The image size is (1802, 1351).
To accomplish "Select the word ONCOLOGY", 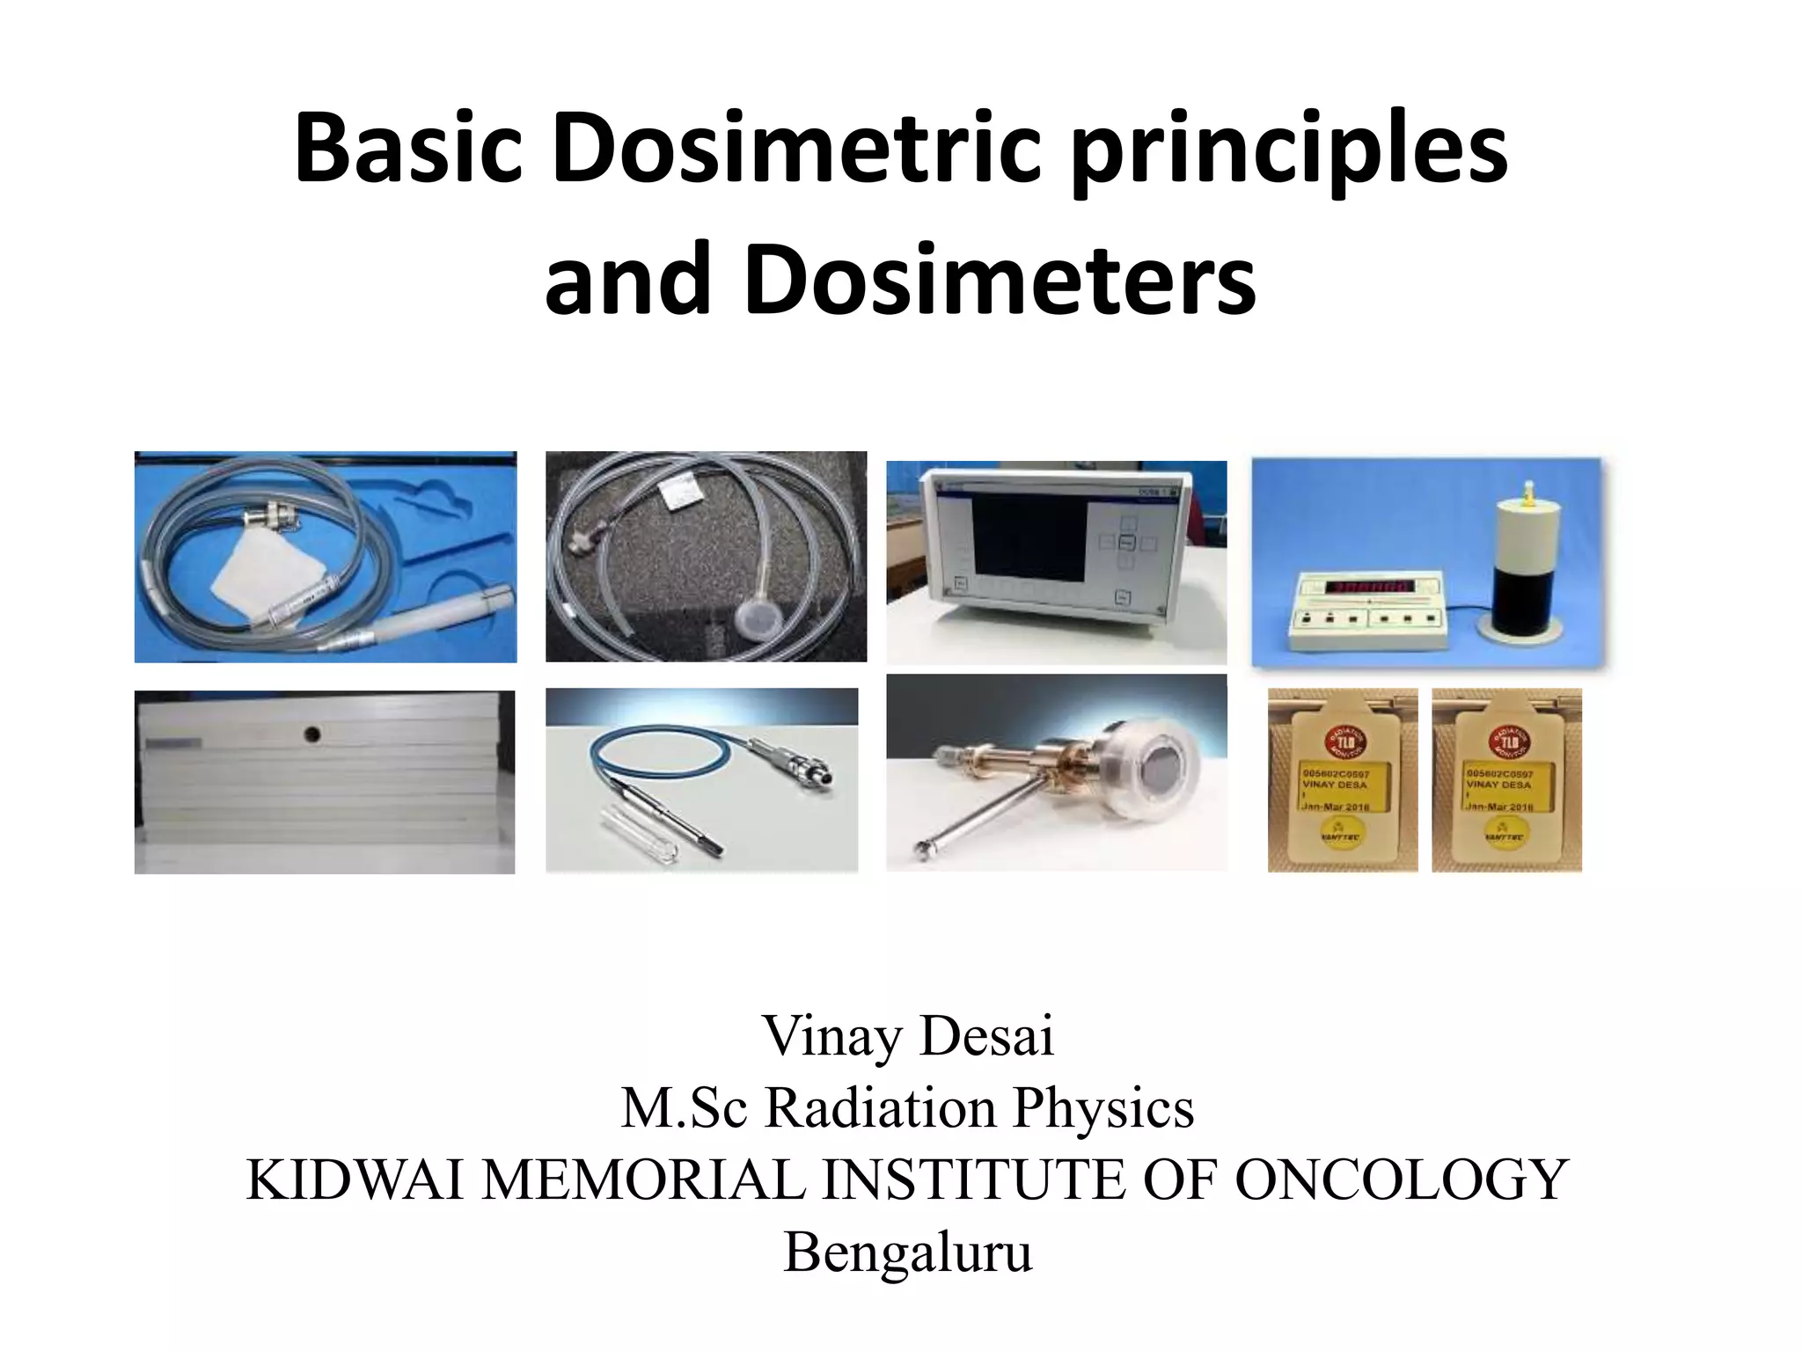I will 1402,1179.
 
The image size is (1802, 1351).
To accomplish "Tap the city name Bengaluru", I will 907,1252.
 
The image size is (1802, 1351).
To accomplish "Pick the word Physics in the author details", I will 1103,1108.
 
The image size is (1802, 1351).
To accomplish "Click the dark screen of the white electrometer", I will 1029,537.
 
